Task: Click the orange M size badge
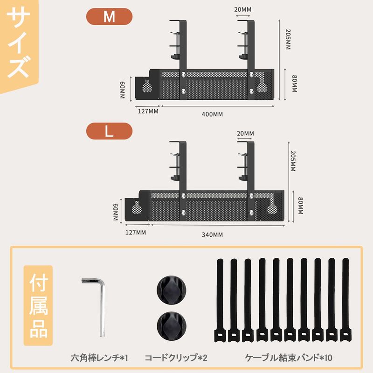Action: click(109, 17)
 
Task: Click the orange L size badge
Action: click(109, 131)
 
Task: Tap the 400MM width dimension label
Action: click(212, 114)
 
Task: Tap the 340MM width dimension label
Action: click(212, 235)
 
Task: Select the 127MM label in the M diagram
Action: click(148, 111)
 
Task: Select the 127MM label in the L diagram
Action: click(135, 232)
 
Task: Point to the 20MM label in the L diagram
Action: click(245, 133)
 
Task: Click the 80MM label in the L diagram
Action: click(300, 206)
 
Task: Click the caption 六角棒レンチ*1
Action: click(99, 358)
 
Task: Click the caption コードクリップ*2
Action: click(175, 358)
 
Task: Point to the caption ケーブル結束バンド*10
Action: click(289, 358)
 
